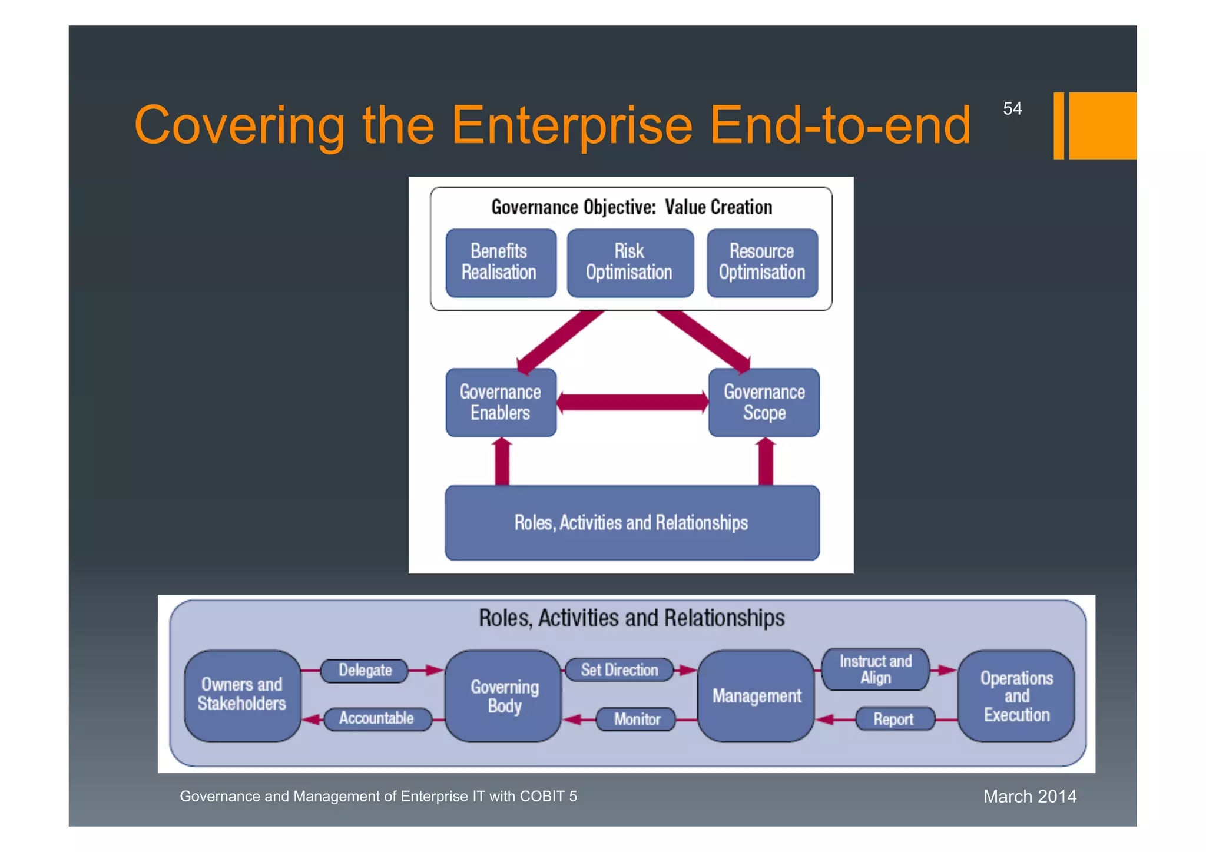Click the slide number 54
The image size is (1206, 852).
(1012, 109)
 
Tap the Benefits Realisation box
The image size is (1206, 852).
(500, 263)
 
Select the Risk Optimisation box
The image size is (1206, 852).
(629, 263)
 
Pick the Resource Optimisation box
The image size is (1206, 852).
(762, 263)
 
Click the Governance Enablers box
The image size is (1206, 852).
(501, 403)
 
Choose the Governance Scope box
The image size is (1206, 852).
(764, 403)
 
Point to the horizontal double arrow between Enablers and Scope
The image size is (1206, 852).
(632, 403)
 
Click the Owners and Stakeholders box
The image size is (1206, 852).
(242, 695)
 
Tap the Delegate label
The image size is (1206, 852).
(365, 671)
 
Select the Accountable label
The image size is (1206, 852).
(377, 719)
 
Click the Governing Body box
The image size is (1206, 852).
(504, 695)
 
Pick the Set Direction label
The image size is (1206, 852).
(619, 670)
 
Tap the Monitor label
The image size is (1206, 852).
(637, 720)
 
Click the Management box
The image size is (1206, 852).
(756, 696)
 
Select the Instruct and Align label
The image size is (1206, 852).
(875, 669)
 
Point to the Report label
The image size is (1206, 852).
(893, 720)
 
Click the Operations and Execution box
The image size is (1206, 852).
(1016, 696)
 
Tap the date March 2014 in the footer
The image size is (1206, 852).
(1029, 797)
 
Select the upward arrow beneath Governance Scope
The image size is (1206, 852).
(766, 462)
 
